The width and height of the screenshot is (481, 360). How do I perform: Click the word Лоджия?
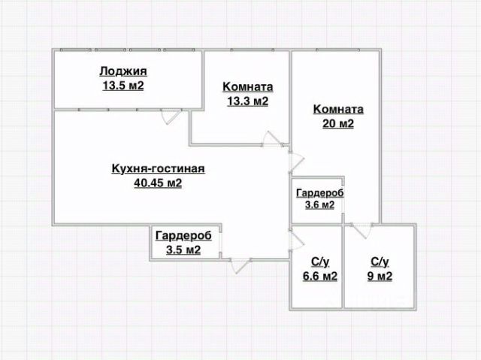123,71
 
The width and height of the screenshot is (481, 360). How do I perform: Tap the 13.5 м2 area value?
123,86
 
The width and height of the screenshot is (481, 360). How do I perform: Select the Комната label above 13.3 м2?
247,86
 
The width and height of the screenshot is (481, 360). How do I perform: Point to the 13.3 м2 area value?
247,101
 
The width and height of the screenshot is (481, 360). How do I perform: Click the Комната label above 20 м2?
338,109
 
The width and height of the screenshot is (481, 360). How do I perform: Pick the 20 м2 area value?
338,124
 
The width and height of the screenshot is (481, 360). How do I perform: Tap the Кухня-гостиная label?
158,168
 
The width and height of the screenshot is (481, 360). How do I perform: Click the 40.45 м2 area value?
158,183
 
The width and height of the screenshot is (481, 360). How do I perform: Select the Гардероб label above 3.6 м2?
319,193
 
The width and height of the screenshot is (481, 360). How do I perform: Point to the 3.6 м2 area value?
319,205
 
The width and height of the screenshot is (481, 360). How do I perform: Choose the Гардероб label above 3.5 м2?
183,236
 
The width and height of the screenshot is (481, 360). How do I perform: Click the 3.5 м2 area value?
183,250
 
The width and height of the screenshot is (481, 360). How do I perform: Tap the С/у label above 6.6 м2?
319,262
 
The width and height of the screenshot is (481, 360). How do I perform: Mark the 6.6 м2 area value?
319,276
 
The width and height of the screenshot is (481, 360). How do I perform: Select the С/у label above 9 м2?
380,262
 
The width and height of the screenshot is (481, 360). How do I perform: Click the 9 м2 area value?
380,276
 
